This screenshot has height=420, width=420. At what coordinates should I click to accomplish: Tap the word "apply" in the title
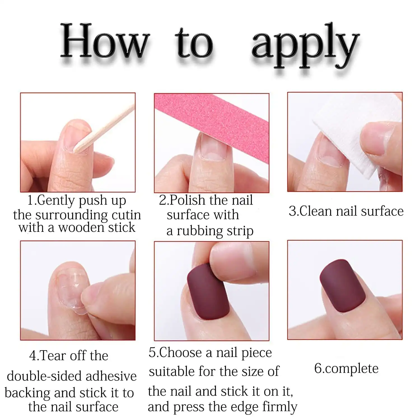(305, 45)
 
